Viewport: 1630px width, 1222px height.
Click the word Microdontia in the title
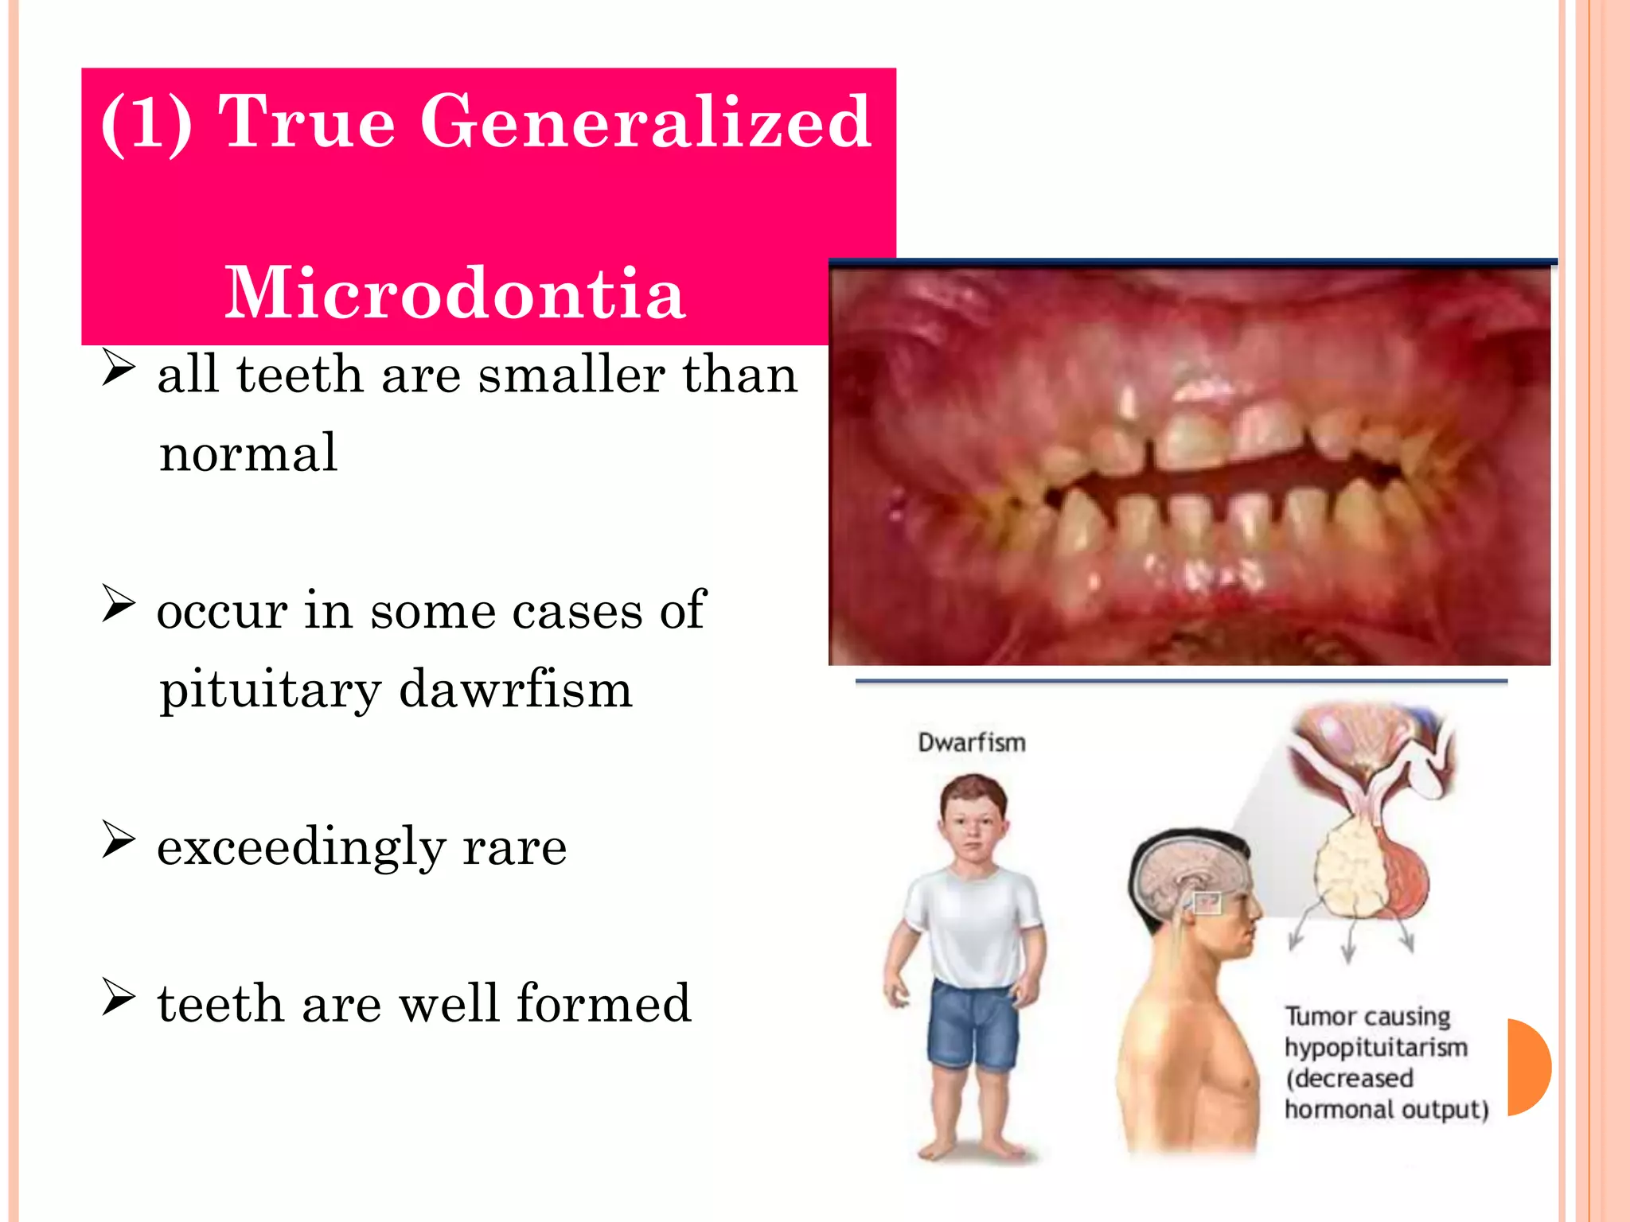click(454, 294)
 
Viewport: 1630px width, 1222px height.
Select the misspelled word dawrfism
click(515, 689)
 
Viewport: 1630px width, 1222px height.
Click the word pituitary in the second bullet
click(270, 691)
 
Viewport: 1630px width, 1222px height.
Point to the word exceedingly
click(301, 846)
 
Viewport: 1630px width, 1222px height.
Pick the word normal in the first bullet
click(248, 453)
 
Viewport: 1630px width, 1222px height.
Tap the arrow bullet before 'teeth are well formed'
click(118, 998)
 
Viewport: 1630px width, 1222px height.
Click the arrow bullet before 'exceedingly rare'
click(118, 842)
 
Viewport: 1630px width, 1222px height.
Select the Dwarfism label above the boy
click(972, 742)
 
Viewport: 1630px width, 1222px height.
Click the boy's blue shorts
click(973, 1026)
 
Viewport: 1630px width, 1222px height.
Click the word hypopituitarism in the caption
click(1375, 1048)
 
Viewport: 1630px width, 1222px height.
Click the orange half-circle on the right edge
click(1528, 1066)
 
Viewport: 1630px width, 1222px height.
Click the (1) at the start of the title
click(147, 123)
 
